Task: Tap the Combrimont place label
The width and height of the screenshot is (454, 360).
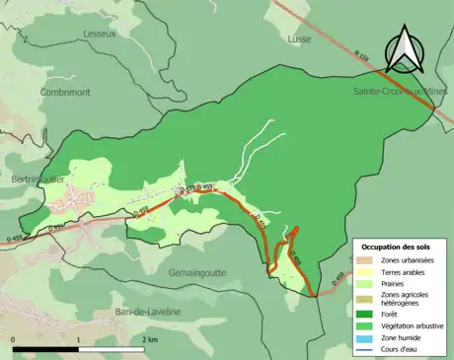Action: point(66,92)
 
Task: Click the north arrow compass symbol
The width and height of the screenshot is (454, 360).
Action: point(404,52)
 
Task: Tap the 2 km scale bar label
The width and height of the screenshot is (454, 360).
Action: point(150,338)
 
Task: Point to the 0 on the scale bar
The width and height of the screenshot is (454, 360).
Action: point(14,338)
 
